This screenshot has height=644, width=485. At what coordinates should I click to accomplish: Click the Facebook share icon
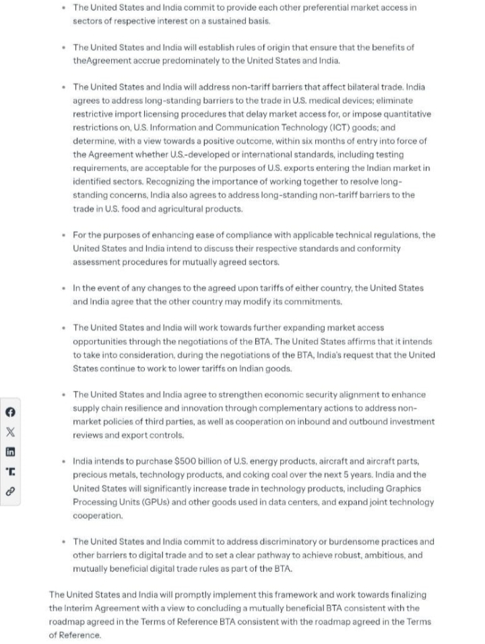tap(10, 413)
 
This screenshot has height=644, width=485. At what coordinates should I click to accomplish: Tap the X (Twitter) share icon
tap(10, 432)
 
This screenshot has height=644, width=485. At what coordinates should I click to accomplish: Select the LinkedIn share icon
tap(10, 452)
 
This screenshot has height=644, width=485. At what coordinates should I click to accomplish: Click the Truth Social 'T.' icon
tap(10, 472)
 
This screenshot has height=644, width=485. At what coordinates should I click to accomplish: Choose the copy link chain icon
tap(10, 491)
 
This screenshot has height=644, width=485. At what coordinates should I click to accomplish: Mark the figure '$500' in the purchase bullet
tap(186, 461)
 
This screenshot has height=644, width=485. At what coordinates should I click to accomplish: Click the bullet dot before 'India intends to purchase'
tap(63, 461)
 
